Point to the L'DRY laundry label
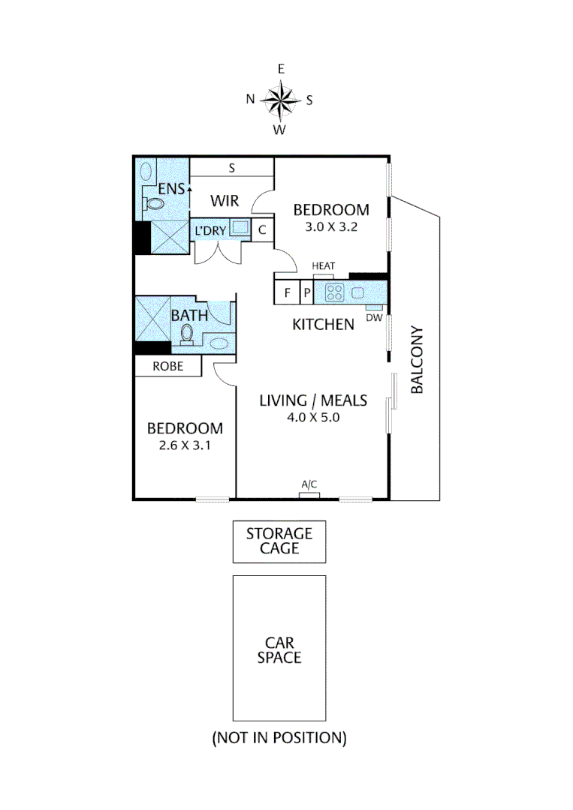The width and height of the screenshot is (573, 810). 210,230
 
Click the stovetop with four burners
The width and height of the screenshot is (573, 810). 333,292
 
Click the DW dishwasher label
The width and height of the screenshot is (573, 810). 373,317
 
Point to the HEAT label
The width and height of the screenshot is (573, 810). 323,266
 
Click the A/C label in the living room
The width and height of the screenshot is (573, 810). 309,484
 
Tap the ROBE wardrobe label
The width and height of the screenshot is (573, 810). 167,367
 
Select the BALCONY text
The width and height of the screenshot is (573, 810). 418,360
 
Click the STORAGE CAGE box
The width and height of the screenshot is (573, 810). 279,541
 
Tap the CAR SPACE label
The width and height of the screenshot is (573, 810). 279,649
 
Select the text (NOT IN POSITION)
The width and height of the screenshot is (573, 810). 279,738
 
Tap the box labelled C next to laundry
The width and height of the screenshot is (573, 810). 262,230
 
